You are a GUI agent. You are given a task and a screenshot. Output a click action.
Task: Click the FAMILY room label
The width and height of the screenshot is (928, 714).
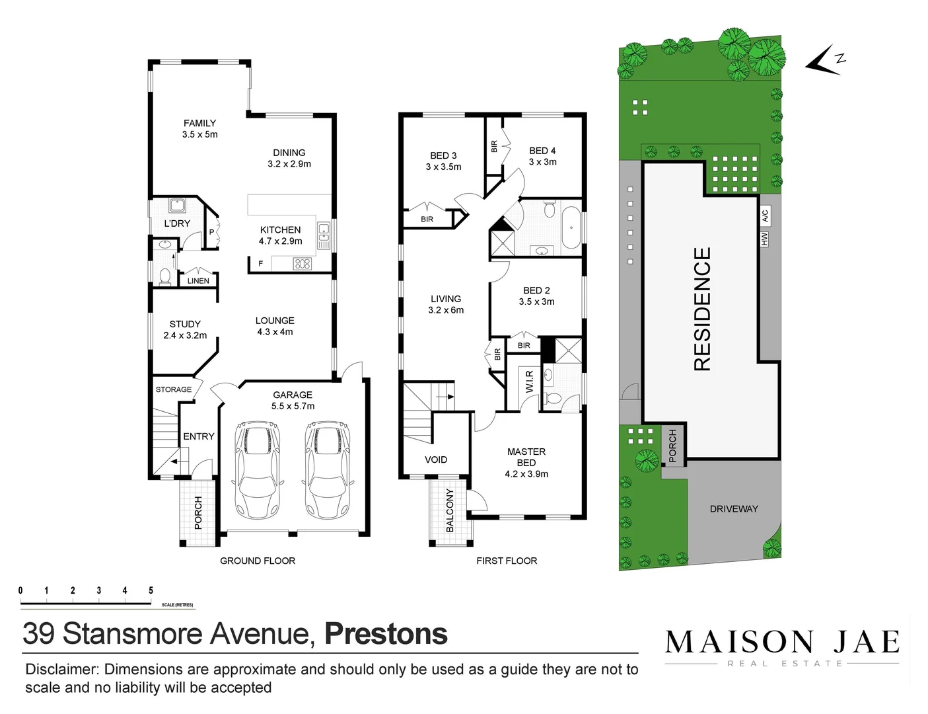tap(199, 124)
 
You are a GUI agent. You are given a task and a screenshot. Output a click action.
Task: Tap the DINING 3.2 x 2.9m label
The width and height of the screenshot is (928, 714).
tap(289, 158)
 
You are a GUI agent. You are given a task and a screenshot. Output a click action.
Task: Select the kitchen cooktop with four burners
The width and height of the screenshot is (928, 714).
tap(302, 264)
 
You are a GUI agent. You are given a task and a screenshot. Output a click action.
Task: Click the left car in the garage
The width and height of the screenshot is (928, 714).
tap(257, 469)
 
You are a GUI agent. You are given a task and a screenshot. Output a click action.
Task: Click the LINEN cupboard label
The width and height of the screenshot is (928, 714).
tap(198, 281)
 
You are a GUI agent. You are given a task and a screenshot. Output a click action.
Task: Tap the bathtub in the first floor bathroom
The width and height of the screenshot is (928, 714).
tap(571, 227)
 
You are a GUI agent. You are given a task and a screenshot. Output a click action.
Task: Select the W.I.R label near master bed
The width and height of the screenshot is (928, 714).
tap(529, 382)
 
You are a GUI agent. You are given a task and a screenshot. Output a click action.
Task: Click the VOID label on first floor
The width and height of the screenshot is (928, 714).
tap(436, 459)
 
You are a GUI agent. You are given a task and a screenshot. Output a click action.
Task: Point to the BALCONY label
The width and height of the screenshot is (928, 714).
tap(450, 510)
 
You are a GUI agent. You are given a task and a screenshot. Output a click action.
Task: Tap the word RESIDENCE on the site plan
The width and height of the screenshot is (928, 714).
tap(702, 309)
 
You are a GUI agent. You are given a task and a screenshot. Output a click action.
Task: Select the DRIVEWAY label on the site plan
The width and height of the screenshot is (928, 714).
tap(734, 509)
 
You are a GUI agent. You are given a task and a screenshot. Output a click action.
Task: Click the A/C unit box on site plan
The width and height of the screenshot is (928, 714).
tap(765, 215)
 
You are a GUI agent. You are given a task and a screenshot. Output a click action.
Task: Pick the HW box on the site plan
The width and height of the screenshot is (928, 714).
tap(764, 239)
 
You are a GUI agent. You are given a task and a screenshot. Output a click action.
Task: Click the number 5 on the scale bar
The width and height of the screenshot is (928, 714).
tap(151, 590)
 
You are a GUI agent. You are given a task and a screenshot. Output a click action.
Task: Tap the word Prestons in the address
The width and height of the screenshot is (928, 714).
tap(386, 633)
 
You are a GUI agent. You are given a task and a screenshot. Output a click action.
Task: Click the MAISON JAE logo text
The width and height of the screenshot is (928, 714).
tap(782, 642)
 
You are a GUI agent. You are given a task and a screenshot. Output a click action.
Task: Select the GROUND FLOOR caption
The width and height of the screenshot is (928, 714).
tap(258, 561)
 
